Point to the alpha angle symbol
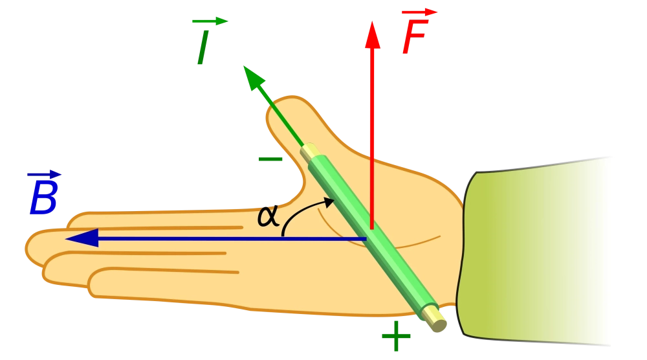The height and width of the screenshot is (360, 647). pyautogui.click(x=268, y=216)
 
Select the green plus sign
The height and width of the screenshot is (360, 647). pyautogui.click(x=395, y=336)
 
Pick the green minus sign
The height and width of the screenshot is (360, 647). pyautogui.click(x=269, y=159)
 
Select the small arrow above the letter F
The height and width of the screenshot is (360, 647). pyautogui.click(x=419, y=12)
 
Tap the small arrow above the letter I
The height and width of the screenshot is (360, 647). pyautogui.click(x=211, y=21)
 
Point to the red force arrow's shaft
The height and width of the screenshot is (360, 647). pyautogui.click(x=372, y=129)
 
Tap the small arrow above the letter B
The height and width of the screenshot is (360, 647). pyautogui.click(x=44, y=174)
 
